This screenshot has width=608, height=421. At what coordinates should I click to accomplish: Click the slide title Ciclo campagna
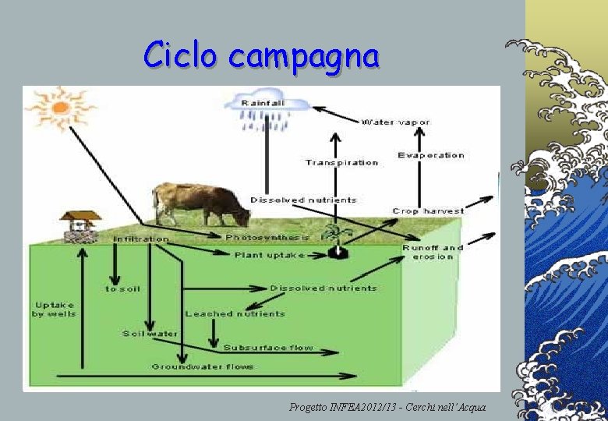click(261, 56)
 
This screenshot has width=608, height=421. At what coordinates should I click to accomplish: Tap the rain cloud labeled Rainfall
click(263, 109)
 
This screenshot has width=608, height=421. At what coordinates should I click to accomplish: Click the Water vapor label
click(396, 122)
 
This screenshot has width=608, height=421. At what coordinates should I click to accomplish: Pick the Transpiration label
click(341, 162)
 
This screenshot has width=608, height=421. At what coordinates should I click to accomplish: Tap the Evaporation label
click(430, 155)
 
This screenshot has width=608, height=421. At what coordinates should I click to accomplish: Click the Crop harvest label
click(428, 210)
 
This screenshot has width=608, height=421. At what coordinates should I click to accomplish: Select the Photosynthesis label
click(267, 237)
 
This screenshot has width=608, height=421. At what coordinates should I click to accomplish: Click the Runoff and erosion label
click(433, 252)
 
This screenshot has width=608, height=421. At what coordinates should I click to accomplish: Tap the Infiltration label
click(140, 239)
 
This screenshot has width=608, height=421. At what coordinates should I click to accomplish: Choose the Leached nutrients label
click(235, 313)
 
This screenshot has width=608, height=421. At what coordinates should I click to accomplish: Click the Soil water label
click(150, 334)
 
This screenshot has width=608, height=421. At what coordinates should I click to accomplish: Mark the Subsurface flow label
click(268, 347)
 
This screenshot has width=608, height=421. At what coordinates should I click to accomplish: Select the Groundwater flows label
click(203, 366)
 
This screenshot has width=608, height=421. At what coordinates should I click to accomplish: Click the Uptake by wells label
click(54, 309)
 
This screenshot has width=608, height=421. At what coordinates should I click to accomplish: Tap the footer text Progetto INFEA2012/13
click(387, 407)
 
